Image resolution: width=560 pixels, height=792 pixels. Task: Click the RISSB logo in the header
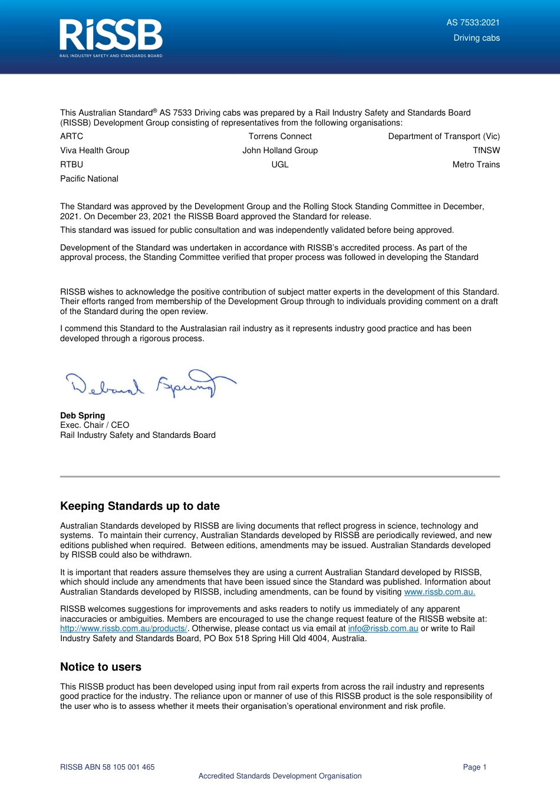pyautogui.click(x=111, y=38)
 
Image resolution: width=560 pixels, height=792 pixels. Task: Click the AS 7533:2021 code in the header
pyautogui.click(x=473, y=22)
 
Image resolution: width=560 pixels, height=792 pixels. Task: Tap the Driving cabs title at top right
pyautogui.click(x=476, y=38)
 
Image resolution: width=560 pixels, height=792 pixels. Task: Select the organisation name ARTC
pyautogui.click(x=71, y=136)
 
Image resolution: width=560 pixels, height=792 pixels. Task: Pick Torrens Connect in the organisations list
pyautogui.click(x=280, y=136)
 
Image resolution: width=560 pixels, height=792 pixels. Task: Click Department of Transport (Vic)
pyautogui.click(x=443, y=136)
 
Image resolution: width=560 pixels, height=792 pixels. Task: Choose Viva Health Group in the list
pyautogui.click(x=94, y=150)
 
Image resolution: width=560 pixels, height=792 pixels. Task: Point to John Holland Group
pyautogui.click(x=280, y=150)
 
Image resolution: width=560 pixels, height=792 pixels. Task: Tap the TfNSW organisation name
pyautogui.click(x=486, y=150)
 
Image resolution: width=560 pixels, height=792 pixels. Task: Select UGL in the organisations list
pyautogui.click(x=280, y=164)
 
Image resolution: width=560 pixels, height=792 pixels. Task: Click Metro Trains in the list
pyautogui.click(x=476, y=164)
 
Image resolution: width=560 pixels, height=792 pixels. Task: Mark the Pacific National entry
pyautogui.click(x=89, y=179)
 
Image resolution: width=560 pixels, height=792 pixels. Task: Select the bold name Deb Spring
pyautogui.click(x=83, y=415)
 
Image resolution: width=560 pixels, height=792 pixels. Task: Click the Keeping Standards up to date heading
pyautogui.click(x=140, y=506)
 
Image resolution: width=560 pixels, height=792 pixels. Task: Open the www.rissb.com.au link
pyautogui.click(x=439, y=592)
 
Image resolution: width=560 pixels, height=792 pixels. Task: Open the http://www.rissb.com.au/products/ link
pyautogui.click(x=123, y=629)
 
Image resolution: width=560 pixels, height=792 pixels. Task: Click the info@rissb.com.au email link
pyautogui.click(x=383, y=629)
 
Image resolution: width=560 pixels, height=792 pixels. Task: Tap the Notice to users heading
pyautogui.click(x=101, y=667)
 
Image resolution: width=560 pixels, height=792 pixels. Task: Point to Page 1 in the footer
pyautogui.click(x=475, y=767)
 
